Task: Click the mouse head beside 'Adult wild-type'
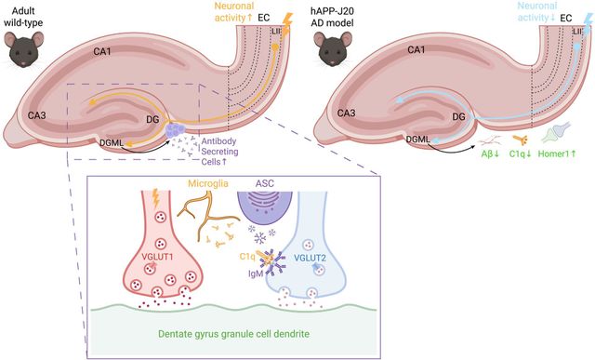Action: [x=24, y=49]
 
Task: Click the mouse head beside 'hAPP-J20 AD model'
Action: [x=333, y=49]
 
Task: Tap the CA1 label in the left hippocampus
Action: [x=102, y=51]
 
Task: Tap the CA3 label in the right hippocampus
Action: [x=347, y=113]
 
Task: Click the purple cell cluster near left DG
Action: [x=176, y=130]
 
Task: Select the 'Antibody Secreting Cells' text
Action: [x=219, y=151]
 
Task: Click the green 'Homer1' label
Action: [x=557, y=153]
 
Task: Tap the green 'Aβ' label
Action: [x=490, y=153]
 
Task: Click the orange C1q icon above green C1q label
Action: [x=520, y=140]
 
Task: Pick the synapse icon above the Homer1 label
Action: [x=556, y=132]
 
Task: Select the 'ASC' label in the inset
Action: [x=264, y=184]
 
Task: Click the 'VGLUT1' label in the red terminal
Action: [x=157, y=257]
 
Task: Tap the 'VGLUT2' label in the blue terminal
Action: [x=310, y=258]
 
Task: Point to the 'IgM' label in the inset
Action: [x=256, y=273]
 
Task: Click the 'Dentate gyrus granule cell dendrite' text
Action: [x=233, y=334]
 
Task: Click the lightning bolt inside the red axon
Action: [x=155, y=198]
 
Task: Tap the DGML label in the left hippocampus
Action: [x=112, y=142]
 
